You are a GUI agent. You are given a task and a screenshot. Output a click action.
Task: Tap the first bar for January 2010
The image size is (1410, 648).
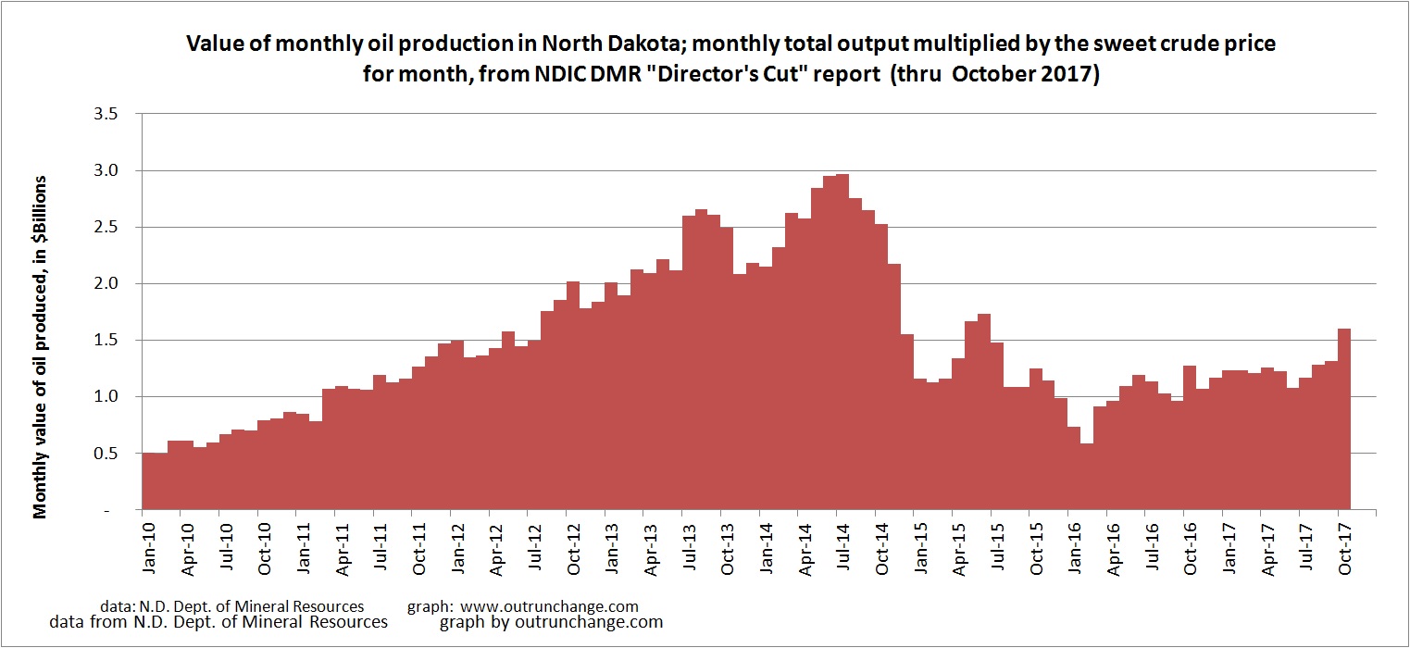click(x=148, y=481)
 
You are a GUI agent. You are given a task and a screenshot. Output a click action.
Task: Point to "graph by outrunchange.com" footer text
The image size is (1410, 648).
click(x=552, y=622)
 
